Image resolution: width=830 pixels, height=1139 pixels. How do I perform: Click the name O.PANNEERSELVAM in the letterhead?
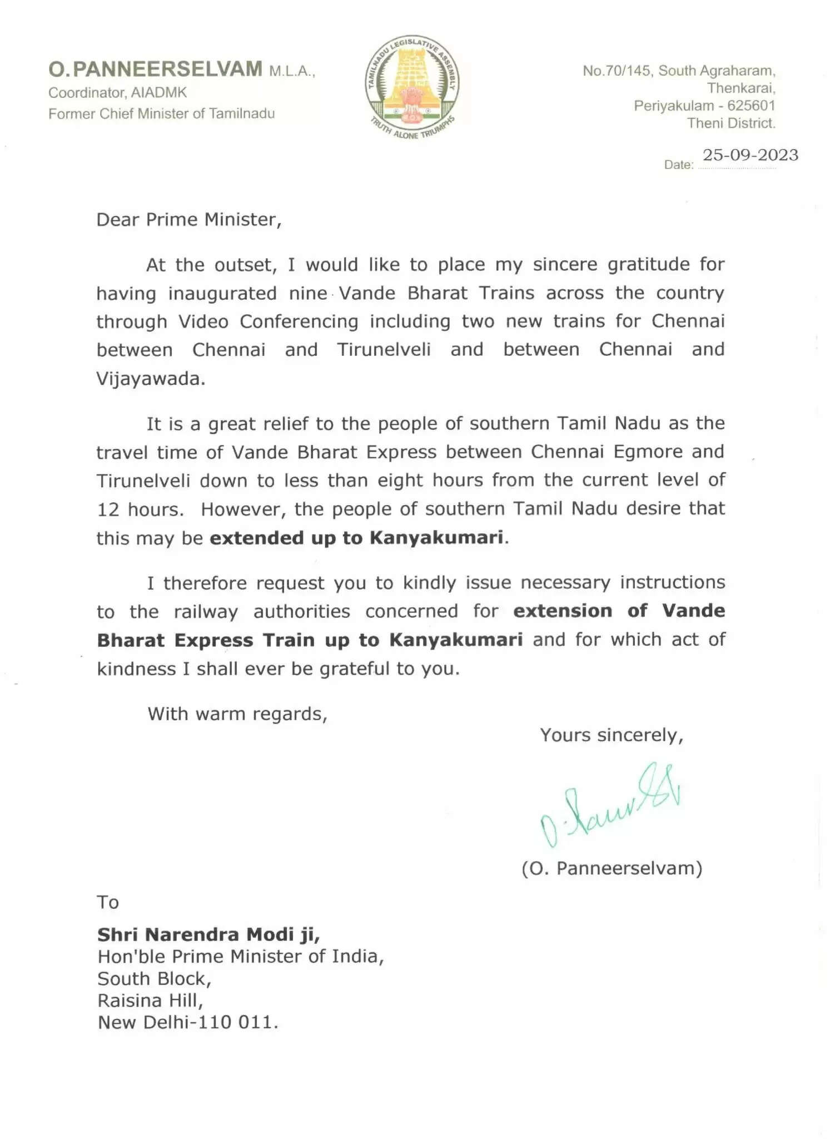(155, 69)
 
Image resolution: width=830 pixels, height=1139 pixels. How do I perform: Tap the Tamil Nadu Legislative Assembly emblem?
(412, 88)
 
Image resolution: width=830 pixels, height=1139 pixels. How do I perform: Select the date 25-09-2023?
(750, 155)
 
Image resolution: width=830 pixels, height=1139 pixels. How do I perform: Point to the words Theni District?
(730, 123)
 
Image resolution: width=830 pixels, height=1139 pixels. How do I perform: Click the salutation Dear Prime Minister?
(189, 220)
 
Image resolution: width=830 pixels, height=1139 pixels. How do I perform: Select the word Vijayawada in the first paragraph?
(151, 379)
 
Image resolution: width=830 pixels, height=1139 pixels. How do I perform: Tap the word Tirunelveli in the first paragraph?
(384, 350)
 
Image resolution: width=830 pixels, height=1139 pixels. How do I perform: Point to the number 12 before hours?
(108, 509)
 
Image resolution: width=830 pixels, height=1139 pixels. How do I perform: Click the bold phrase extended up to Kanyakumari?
(356, 538)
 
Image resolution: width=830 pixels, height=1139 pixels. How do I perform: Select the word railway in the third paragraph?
(206, 612)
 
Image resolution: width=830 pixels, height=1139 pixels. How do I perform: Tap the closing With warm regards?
(237, 714)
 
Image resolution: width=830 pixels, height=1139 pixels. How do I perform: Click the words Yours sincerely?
(612, 735)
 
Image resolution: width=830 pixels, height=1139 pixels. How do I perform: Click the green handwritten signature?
(610, 804)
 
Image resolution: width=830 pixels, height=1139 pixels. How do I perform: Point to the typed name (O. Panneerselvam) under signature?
(612, 868)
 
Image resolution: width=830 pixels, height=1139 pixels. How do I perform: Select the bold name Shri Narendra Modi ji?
(208, 934)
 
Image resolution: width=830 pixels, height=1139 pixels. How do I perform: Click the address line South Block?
(155, 978)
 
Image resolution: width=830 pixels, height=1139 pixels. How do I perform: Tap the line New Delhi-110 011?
(188, 1022)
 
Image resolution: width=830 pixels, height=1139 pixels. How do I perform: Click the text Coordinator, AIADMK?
(117, 92)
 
